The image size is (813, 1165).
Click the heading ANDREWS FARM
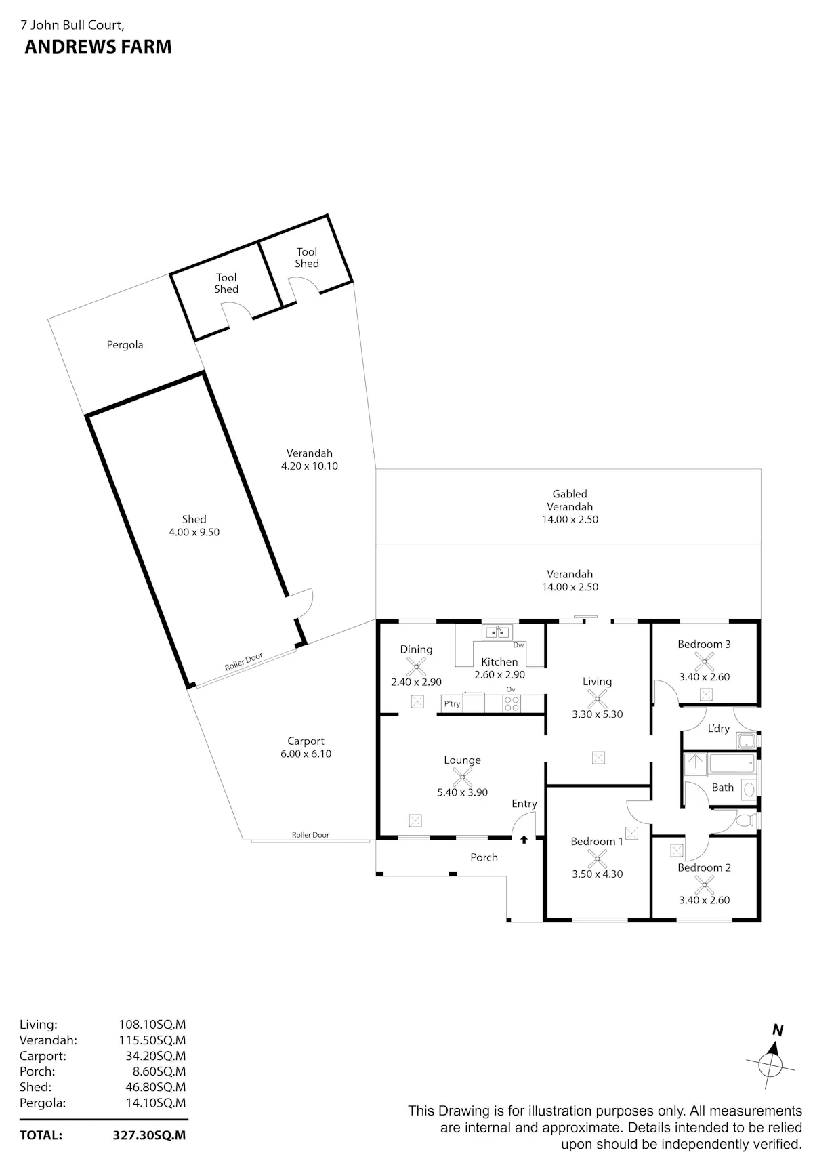tap(98, 47)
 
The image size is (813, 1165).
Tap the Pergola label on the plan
tap(125, 345)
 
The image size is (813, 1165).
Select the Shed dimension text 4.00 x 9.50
tap(194, 533)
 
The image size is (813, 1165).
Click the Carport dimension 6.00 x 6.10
tap(306, 754)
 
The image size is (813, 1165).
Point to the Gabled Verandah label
tap(570, 500)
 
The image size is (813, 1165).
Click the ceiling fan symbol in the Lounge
tap(462, 776)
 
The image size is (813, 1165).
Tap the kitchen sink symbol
tap(497, 633)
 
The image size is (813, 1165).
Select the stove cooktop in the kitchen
tap(512, 703)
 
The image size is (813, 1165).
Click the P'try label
tap(452, 704)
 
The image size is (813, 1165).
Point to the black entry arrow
tap(524, 840)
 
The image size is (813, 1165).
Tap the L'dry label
tap(719, 729)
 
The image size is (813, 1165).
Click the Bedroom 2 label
tap(705, 867)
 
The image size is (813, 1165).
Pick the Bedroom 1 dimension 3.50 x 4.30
tap(598, 874)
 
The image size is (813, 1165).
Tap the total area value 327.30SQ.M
tap(149, 1135)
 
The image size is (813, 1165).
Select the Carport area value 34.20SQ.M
tap(152, 1056)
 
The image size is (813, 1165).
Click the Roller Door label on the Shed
tap(244, 662)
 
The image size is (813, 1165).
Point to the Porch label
tap(484, 857)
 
